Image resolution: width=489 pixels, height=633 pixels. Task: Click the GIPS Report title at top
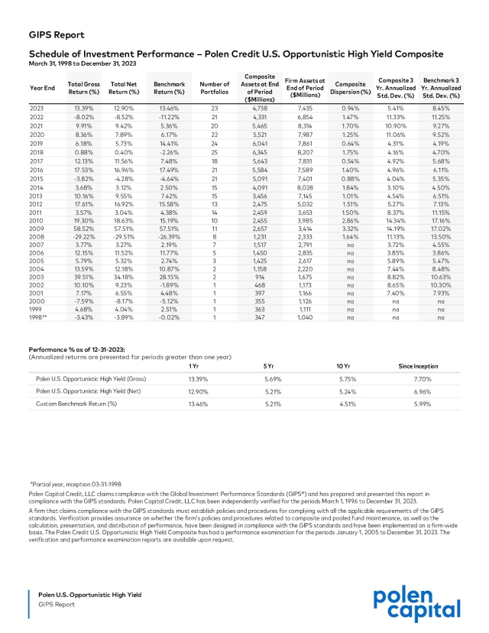pyautogui.click(x=57, y=34)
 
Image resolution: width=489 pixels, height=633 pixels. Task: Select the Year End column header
pyautogui.click(x=42, y=87)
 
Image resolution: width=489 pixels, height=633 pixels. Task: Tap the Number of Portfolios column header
pyautogui.click(x=215, y=87)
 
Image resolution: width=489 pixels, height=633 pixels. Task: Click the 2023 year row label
pyautogui.click(x=37, y=109)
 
